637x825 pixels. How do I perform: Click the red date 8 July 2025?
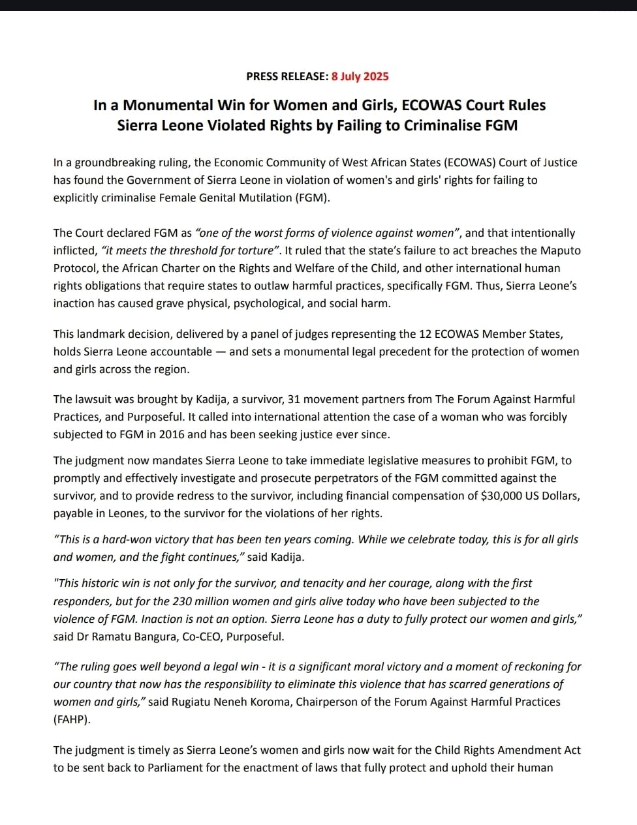point(360,76)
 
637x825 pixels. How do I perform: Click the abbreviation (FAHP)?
point(70,719)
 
